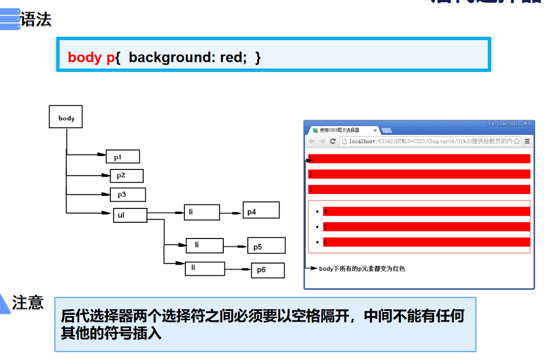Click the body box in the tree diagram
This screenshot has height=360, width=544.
66,117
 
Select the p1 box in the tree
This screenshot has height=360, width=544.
122,157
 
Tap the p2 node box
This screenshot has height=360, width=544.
126,176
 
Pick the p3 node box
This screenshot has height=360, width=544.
128,194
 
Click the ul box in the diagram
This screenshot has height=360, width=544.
130,215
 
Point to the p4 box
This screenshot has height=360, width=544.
261,210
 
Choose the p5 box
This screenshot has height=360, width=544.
266,246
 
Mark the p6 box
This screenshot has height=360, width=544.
267,270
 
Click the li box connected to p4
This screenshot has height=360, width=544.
202,212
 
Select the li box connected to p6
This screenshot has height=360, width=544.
204,269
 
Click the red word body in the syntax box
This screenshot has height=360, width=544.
85,57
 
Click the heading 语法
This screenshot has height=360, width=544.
36,20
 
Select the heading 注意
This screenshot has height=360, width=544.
28,303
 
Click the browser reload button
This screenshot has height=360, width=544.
333,142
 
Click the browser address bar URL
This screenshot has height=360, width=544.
429,142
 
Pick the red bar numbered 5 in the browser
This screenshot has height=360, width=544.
426,227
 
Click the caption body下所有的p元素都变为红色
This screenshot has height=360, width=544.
362,269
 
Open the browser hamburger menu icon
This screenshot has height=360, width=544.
527,142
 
